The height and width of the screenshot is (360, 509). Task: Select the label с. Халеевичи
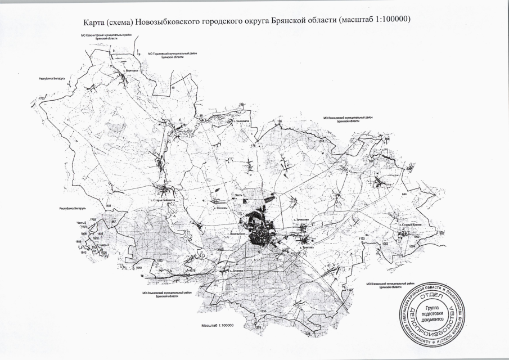[x=241, y=121]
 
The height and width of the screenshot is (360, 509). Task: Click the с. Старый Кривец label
[x=409, y=224]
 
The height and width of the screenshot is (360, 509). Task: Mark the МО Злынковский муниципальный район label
[x=161, y=293]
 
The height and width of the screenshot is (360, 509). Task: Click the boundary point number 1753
[x=41, y=99]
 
